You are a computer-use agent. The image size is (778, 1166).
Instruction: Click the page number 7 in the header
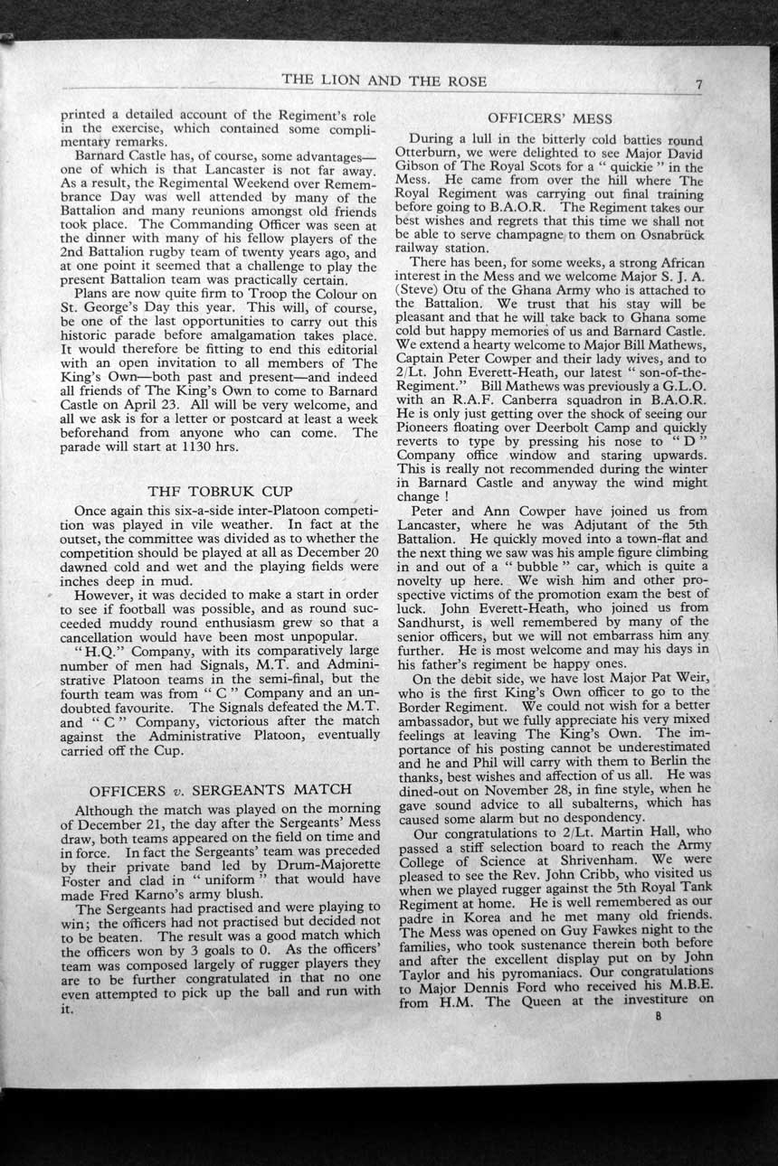coord(699,84)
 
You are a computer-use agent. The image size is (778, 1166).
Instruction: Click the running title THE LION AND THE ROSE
coord(384,80)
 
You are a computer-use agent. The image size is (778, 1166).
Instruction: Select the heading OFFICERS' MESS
coord(549,118)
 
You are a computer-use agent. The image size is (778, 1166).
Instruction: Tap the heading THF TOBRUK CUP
coord(220,492)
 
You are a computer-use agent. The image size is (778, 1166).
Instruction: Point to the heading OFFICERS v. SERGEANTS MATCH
coord(220,789)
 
